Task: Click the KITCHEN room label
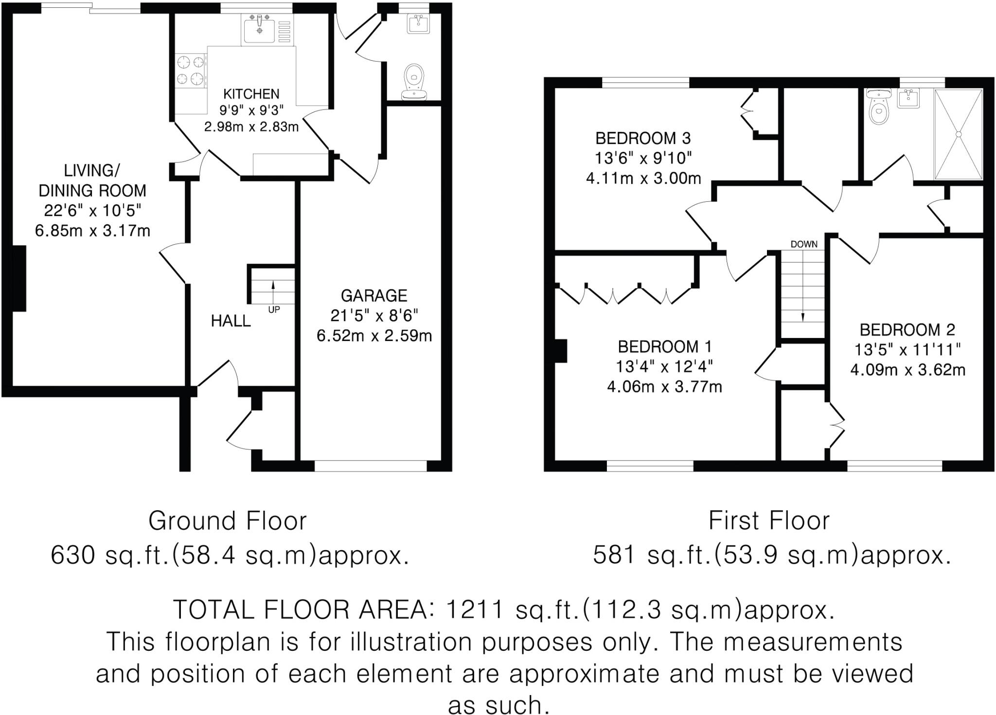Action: pos(251,94)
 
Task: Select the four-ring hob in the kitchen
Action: pos(190,71)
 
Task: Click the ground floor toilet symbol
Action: pos(414,81)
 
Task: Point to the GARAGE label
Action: pos(373,296)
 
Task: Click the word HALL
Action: pos(231,321)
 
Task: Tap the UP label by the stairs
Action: pos(274,310)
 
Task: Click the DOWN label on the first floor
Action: pos(804,244)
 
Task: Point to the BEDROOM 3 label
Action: pos(643,139)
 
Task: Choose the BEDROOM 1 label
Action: pos(664,347)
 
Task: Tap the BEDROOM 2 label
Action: pos(907,330)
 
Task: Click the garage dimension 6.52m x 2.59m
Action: pos(374,336)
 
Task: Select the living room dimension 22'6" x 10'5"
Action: pos(92,211)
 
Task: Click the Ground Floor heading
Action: pos(228,521)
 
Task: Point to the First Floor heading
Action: pos(769,521)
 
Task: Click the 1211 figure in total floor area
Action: pos(474,609)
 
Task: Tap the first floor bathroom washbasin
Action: pos(907,100)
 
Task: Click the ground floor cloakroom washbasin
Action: pos(418,23)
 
